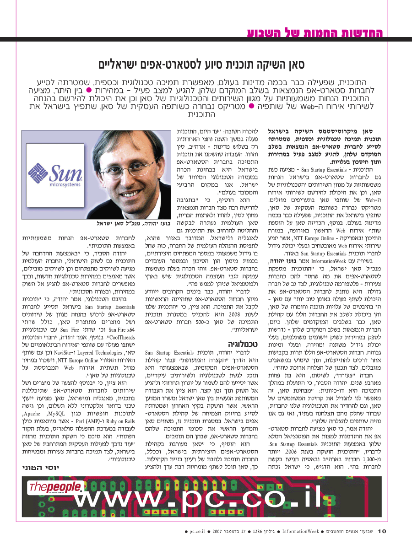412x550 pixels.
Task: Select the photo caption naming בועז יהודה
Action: tap(133, 224)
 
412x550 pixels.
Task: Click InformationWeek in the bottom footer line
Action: tap(301, 532)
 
